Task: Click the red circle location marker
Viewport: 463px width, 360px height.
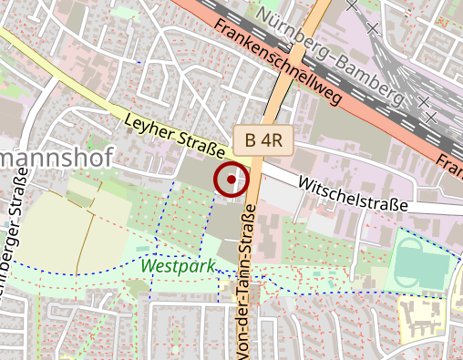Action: pyautogui.click(x=231, y=180)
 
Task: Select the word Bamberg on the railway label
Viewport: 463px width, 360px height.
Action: pyautogui.click(x=369, y=78)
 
